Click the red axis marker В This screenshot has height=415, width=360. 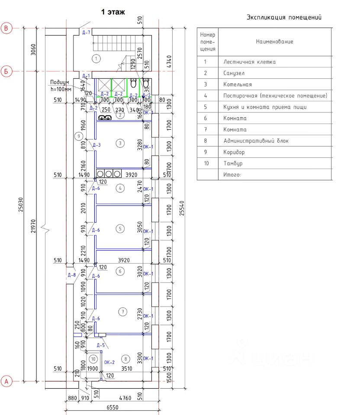tap(6, 28)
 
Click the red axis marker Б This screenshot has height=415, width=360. tap(6, 71)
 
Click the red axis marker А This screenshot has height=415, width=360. tap(6, 381)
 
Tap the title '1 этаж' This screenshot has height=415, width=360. tap(113, 12)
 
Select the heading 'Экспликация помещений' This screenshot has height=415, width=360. tap(284, 18)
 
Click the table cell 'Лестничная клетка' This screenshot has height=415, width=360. tap(249, 62)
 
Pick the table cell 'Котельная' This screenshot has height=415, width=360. tap(238, 84)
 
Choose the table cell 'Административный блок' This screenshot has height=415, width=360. tap(256, 141)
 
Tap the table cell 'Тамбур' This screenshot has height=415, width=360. tap(233, 163)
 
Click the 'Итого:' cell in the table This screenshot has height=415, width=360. tap(232, 175)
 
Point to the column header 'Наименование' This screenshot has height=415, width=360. tap(274, 41)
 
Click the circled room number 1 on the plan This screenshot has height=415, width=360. tap(97, 58)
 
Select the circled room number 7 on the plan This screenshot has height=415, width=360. tap(123, 311)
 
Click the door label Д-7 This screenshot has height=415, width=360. tap(86, 32)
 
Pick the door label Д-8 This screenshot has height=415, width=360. tap(71, 275)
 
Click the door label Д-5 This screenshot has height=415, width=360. tap(101, 345)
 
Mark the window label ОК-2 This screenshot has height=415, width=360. tap(109, 362)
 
